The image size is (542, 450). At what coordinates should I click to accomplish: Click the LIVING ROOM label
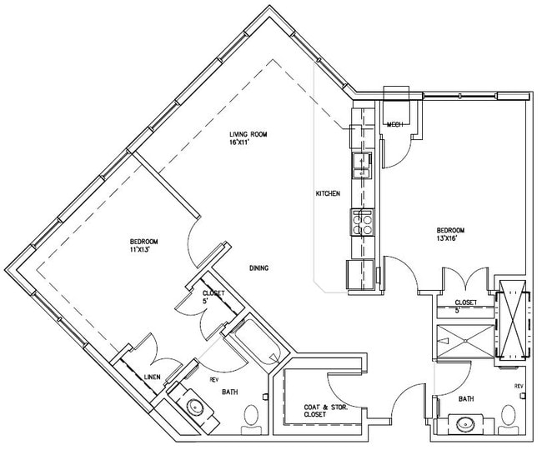point(248,134)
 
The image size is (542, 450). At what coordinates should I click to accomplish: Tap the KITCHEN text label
point(327,193)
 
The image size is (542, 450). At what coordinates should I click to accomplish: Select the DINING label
point(258,267)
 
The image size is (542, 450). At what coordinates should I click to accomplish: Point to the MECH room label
point(394,124)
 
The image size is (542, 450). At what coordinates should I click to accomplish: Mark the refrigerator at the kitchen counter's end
point(361,274)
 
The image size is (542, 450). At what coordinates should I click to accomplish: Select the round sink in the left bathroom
point(195,407)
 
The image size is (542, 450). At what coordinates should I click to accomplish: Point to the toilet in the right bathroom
point(509,416)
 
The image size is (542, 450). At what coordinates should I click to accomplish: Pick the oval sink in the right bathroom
point(464,425)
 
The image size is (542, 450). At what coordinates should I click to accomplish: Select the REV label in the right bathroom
point(518,386)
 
